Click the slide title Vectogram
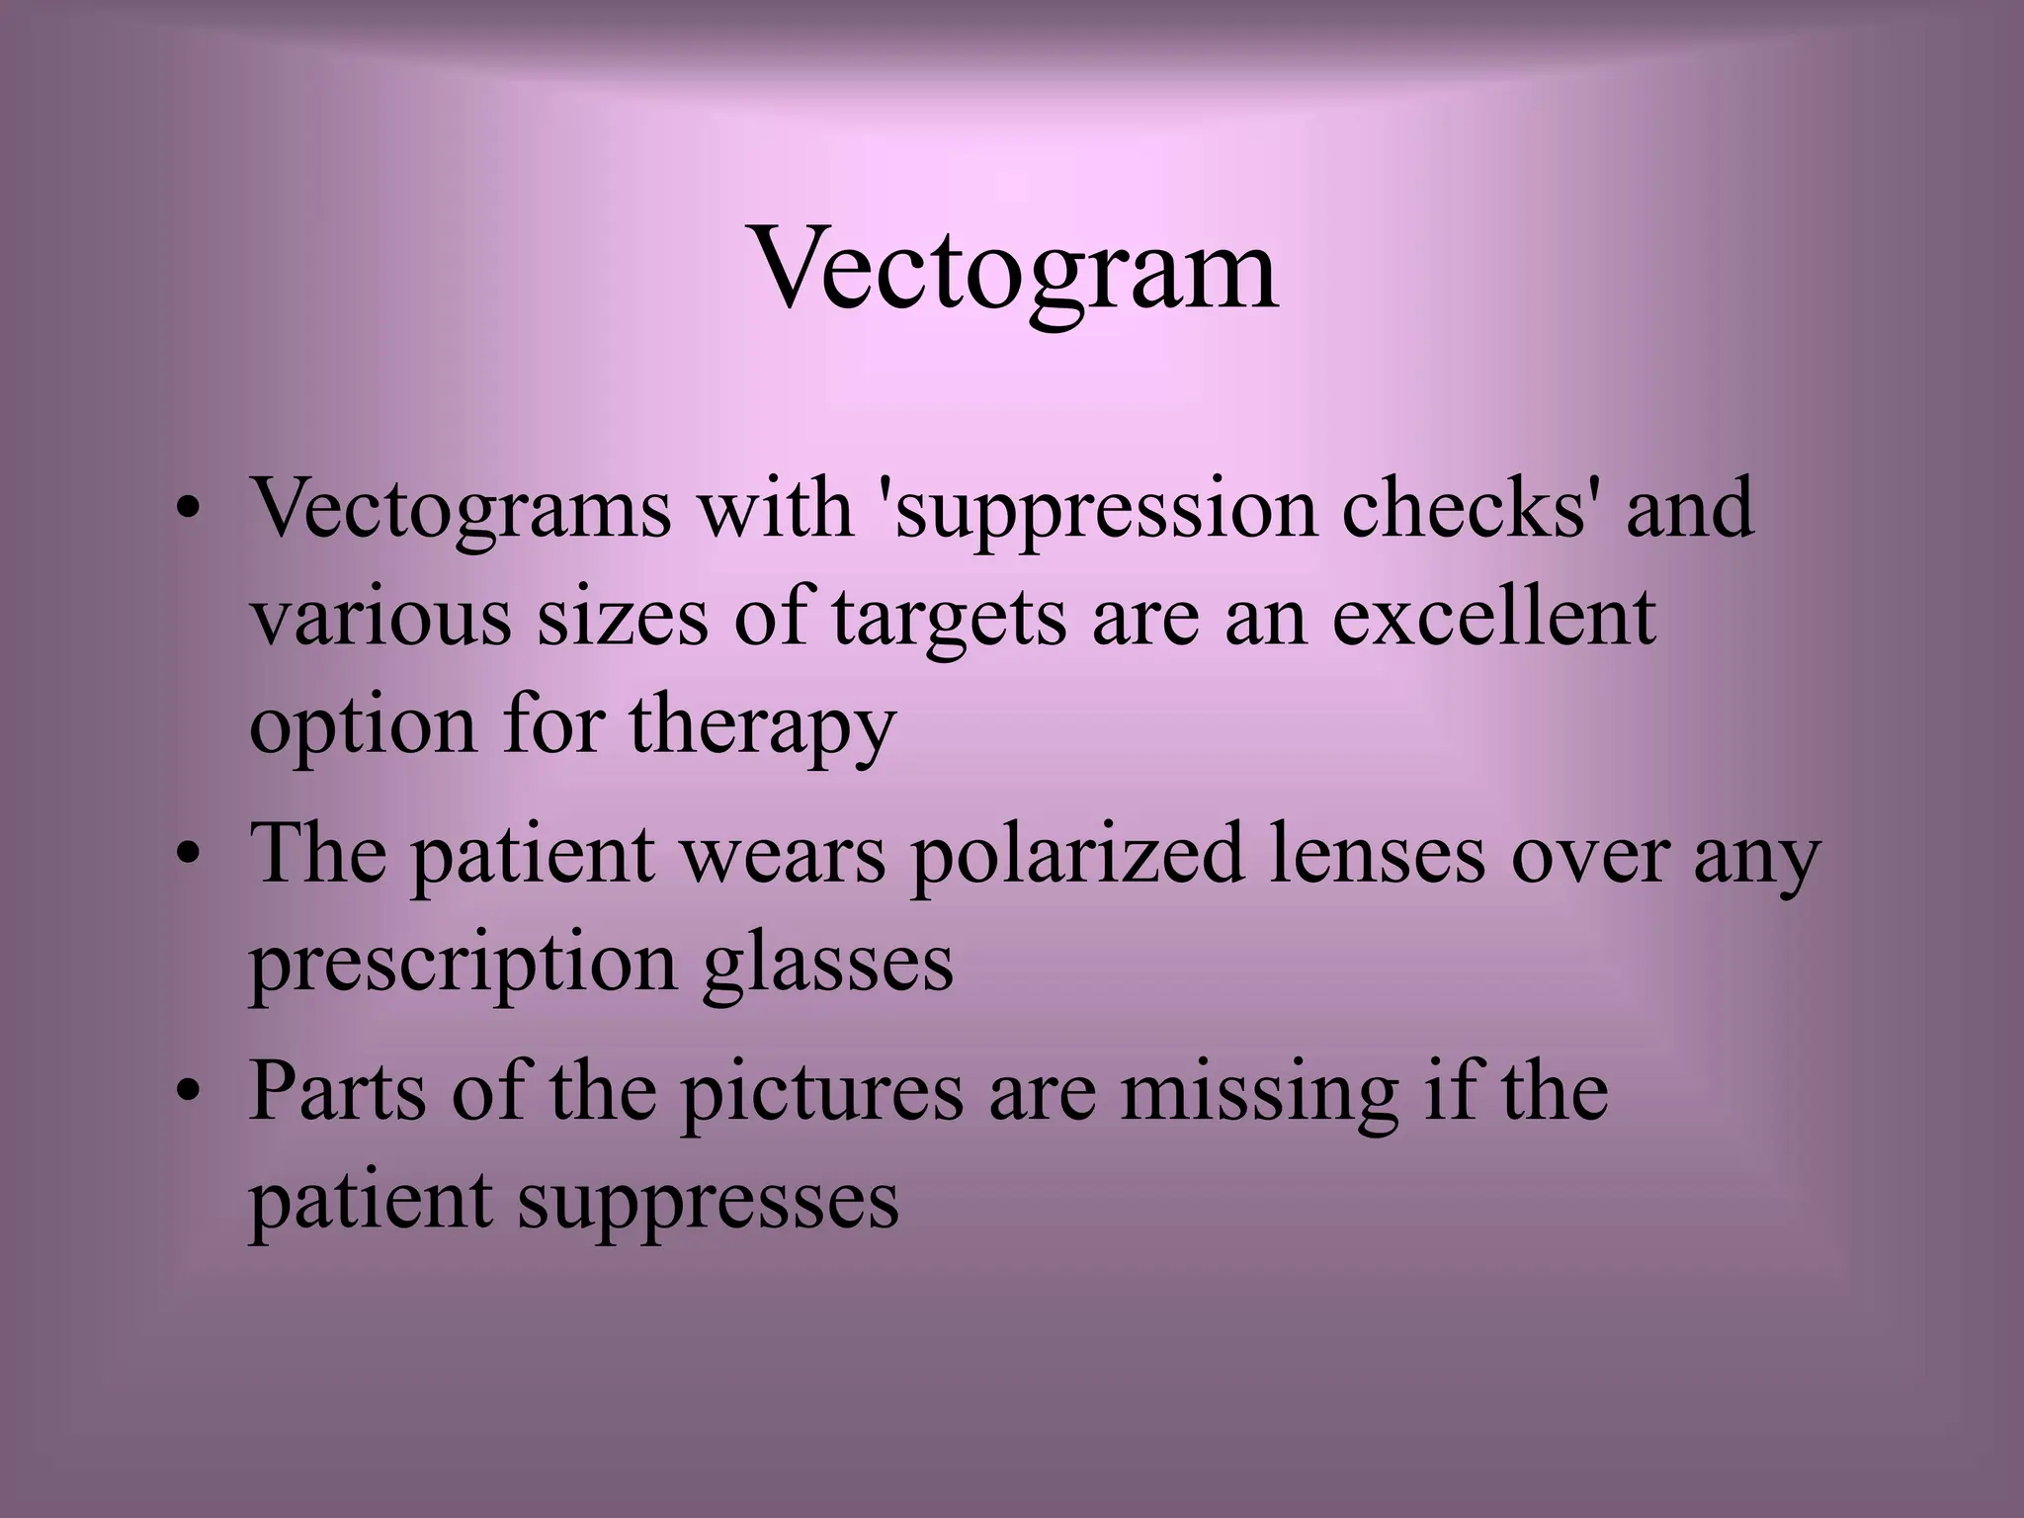pyautogui.click(x=1015, y=269)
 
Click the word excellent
pyautogui.click(x=1493, y=618)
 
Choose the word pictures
pyautogui.click(x=820, y=1093)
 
